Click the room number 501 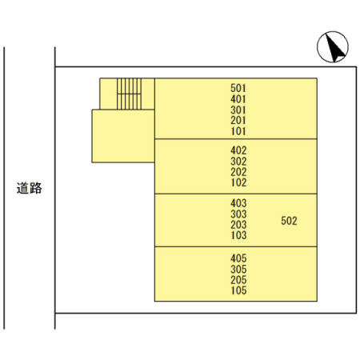pyautogui.click(x=238, y=88)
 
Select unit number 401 pyautogui.click(x=238, y=99)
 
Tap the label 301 pyautogui.click(x=238, y=110)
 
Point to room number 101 pyautogui.click(x=238, y=131)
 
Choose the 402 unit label pyautogui.click(x=238, y=150)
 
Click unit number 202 pyautogui.click(x=238, y=172)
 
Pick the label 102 pyautogui.click(x=238, y=182)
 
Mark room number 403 pyautogui.click(x=238, y=203)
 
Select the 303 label pyautogui.click(x=238, y=214)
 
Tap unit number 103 pyautogui.click(x=238, y=235)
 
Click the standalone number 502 pyautogui.click(x=289, y=221)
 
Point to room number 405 pyautogui.click(x=238, y=258)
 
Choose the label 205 pyautogui.click(x=238, y=280)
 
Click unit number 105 pyautogui.click(x=238, y=290)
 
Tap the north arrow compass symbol pyautogui.click(x=333, y=47)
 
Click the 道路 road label pyautogui.click(x=30, y=188)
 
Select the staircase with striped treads pyautogui.click(x=129, y=94)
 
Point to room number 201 pyautogui.click(x=238, y=121)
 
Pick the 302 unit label pyautogui.click(x=238, y=162)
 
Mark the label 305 pyautogui.click(x=238, y=270)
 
